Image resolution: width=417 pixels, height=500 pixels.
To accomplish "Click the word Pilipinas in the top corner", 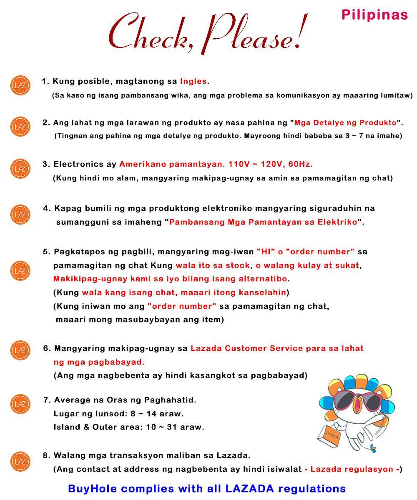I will (374, 15).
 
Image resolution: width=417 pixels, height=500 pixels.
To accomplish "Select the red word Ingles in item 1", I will (193, 81).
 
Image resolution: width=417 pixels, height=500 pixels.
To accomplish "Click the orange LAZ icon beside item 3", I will (20, 168).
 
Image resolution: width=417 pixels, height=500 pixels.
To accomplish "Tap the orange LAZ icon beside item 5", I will (20, 271).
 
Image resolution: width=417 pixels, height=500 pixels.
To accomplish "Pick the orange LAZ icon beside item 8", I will (20, 462).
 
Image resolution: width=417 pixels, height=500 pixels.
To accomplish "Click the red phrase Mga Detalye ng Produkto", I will (345, 122).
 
